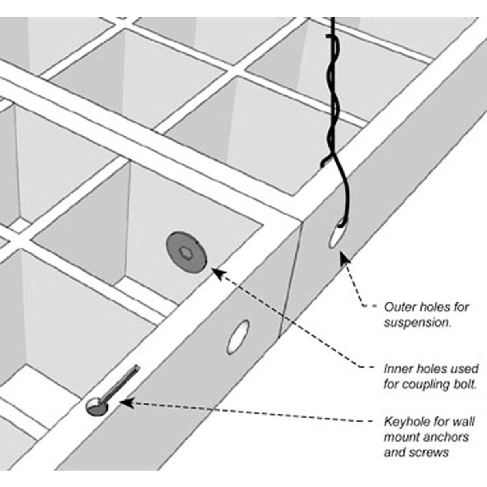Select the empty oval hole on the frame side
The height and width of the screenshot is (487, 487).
coord(239,336)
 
